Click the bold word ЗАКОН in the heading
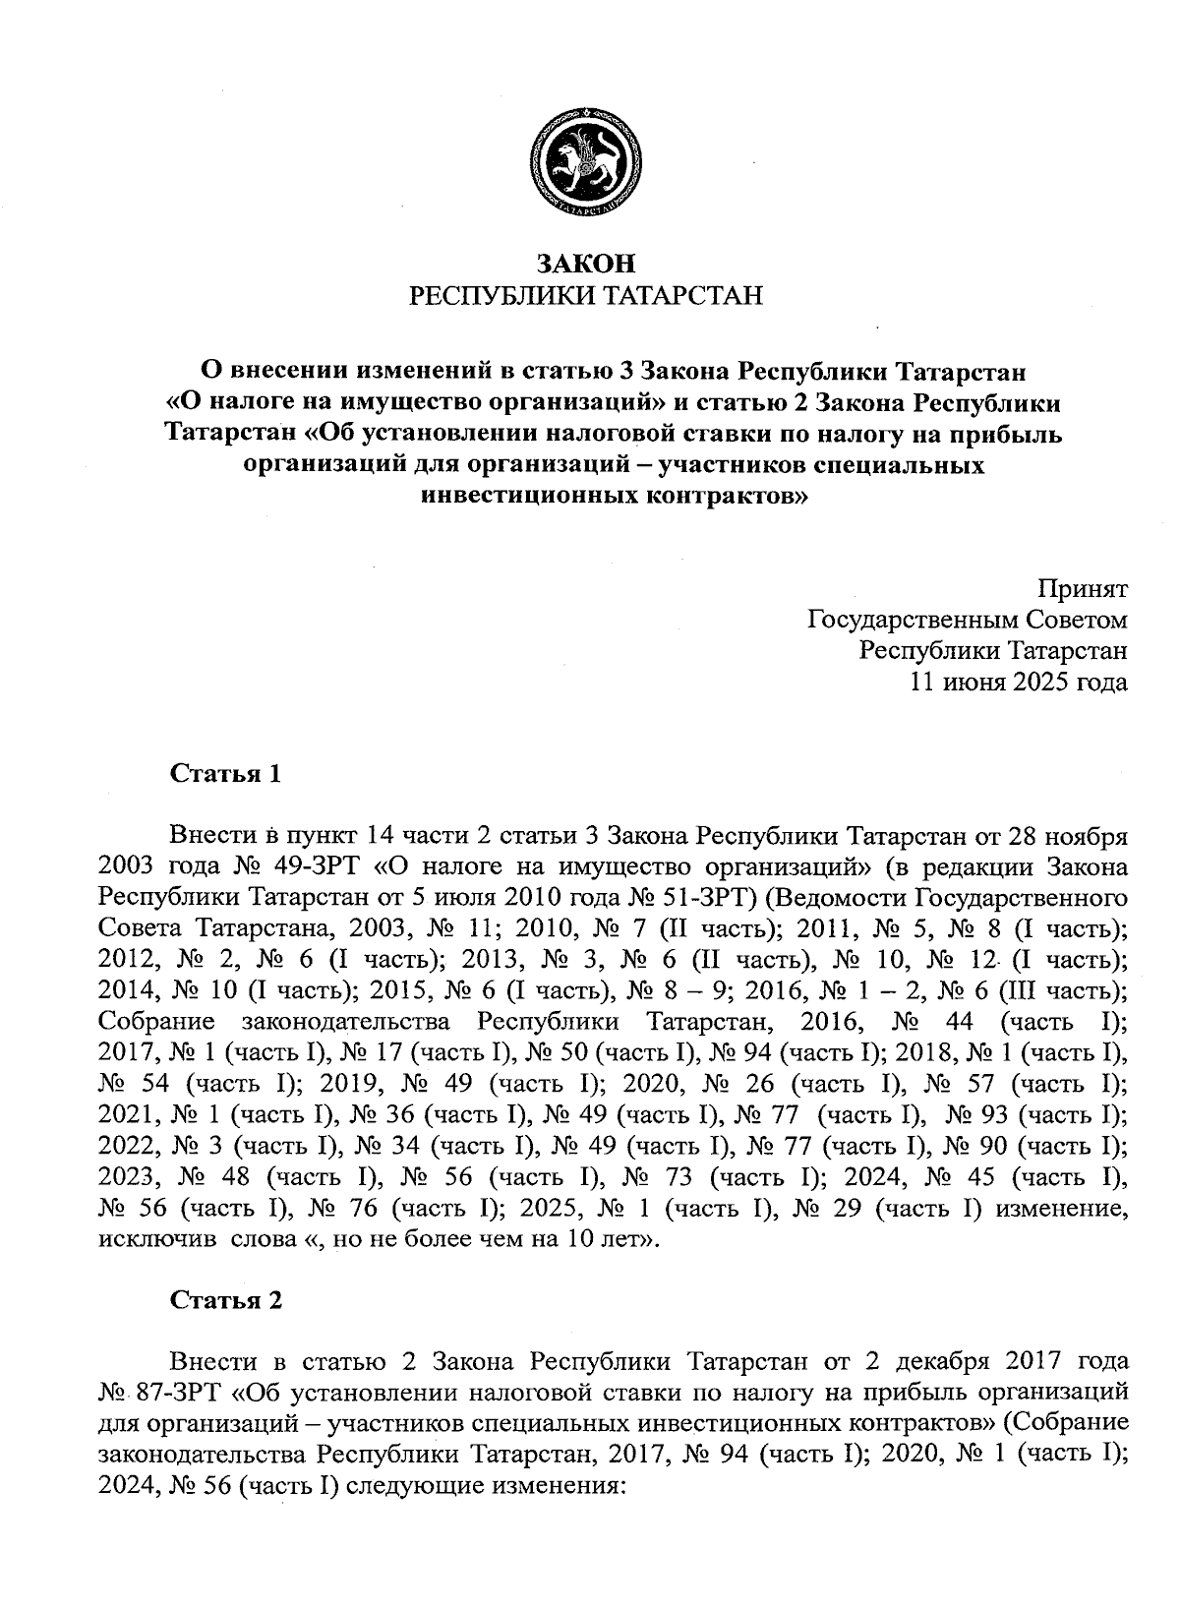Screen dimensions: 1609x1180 click(x=587, y=264)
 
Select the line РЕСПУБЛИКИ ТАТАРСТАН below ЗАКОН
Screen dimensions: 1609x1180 click(x=587, y=295)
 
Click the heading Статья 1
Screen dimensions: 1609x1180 click(x=226, y=774)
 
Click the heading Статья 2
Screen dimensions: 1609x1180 click(x=226, y=1300)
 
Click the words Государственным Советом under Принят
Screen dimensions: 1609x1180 click(x=967, y=621)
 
